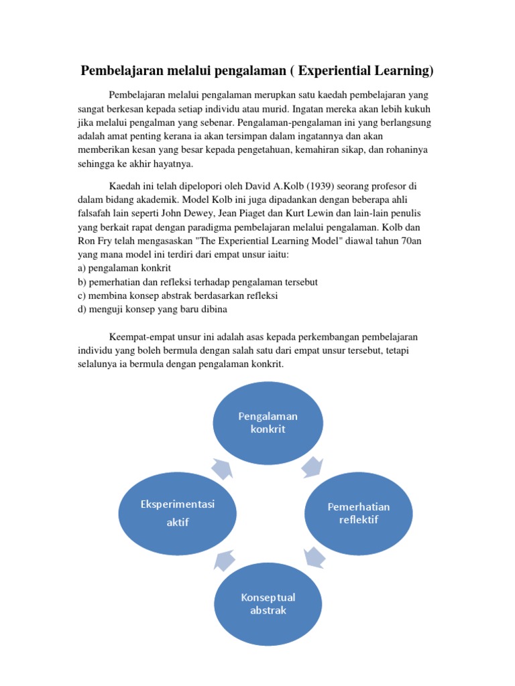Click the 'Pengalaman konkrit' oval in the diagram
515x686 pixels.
[x=268, y=423]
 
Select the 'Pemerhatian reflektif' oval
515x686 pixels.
[x=358, y=513]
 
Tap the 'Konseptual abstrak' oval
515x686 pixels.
[x=268, y=604]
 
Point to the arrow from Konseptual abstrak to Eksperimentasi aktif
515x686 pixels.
[x=224, y=559]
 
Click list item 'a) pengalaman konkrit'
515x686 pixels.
[x=124, y=267]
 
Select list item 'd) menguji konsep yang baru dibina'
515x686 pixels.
[x=152, y=309]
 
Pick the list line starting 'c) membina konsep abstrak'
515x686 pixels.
[x=178, y=295]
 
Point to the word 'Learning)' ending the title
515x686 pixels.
[x=404, y=71]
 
